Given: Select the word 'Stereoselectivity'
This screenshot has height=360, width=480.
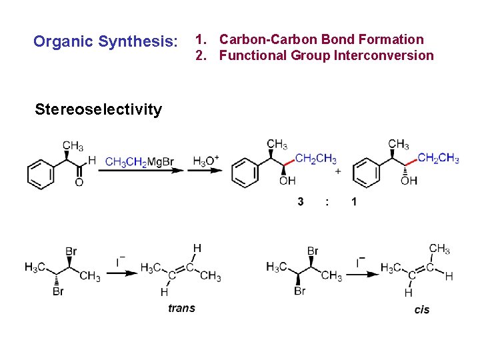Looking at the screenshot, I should pyautogui.click(x=98, y=109).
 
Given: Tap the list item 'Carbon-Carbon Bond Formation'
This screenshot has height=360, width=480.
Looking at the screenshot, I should pyautogui.click(x=321, y=40).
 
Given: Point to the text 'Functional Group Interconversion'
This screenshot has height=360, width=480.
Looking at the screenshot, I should pyautogui.click(x=326, y=56).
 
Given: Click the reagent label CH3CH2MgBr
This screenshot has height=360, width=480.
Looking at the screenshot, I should pyautogui.click(x=139, y=162).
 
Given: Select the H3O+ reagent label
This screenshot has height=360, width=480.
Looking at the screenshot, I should pyautogui.click(x=205, y=161).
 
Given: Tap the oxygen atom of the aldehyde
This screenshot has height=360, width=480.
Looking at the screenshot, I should pyautogui.click(x=79, y=182).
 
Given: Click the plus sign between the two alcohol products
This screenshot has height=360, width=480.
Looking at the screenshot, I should pyautogui.click(x=338, y=171).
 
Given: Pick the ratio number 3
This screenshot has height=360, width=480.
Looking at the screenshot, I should pyautogui.click(x=301, y=201).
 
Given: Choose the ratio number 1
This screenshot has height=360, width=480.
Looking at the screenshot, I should pyautogui.click(x=354, y=201).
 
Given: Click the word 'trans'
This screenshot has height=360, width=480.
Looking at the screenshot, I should pyautogui.click(x=181, y=307).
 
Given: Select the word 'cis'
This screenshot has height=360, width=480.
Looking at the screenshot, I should pyautogui.click(x=422, y=309).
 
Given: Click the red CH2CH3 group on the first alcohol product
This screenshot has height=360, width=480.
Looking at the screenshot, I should pyautogui.click(x=316, y=159).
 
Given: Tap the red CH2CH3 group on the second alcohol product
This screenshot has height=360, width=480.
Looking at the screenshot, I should pyautogui.click(x=438, y=158).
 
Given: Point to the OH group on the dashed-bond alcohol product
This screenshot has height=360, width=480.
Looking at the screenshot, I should pyautogui.click(x=409, y=181).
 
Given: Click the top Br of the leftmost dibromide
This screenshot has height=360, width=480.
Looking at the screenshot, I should pyautogui.click(x=71, y=251).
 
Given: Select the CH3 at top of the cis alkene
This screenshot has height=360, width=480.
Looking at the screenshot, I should pyautogui.click(x=439, y=249).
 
